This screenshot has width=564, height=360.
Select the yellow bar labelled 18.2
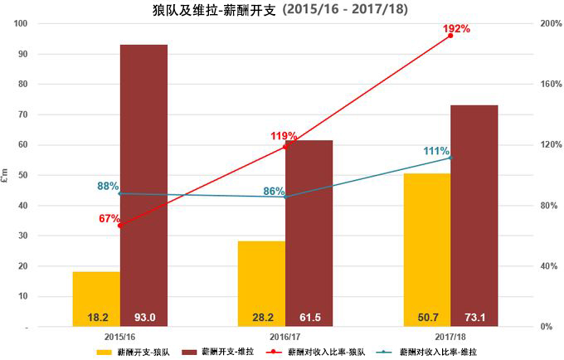point(96,299)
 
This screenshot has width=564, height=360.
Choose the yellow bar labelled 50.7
point(426,250)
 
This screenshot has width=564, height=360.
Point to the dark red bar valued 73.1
point(474,216)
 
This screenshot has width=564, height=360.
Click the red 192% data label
point(455,28)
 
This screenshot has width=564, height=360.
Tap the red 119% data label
point(284,136)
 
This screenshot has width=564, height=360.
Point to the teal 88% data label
point(109,187)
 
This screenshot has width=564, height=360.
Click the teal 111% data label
point(436,151)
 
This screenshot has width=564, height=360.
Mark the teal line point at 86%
point(286,197)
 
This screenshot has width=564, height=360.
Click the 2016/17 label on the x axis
point(285,336)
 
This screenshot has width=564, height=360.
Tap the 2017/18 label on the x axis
point(450,336)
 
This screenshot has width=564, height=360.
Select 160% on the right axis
point(542,85)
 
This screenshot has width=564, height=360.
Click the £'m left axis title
point(7,176)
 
